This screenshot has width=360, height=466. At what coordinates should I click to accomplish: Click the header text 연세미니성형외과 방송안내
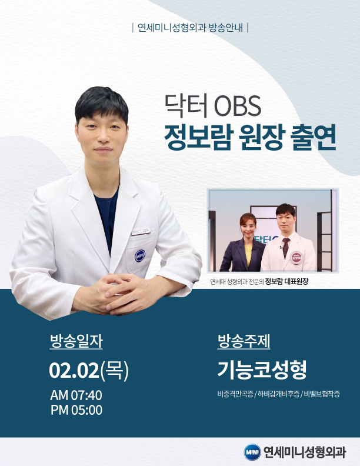coord(190,28)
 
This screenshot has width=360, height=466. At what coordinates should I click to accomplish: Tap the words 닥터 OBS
coord(213,105)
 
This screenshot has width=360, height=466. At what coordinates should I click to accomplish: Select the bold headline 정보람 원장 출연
coord(250,137)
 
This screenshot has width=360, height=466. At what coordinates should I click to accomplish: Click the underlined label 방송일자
coord(76,341)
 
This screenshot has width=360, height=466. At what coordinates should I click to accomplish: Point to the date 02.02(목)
coord(89,370)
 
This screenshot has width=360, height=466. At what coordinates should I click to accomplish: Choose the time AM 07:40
coord(76,395)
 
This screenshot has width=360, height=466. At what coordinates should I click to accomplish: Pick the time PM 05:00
coord(76,410)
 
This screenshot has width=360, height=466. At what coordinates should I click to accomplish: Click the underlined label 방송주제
coord(244,341)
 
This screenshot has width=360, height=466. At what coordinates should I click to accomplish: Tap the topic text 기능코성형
coord(262,370)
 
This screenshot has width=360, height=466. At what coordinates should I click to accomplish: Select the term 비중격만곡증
coord(235,394)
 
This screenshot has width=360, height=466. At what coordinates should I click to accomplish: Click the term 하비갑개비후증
coord(279,394)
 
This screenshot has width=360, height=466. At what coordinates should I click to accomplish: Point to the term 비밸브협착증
coord(322,394)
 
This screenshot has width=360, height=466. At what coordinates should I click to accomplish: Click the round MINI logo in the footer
coord(252,452)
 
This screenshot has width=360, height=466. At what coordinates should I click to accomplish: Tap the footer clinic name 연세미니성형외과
coord(305,452)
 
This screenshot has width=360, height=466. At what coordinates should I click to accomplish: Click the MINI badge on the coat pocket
coord(140,256)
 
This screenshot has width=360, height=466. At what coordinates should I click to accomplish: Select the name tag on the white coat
coord(141,230)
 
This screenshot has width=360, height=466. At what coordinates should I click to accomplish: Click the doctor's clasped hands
coord(119,294)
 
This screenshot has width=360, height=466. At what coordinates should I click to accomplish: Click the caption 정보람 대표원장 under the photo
coord(286,281)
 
